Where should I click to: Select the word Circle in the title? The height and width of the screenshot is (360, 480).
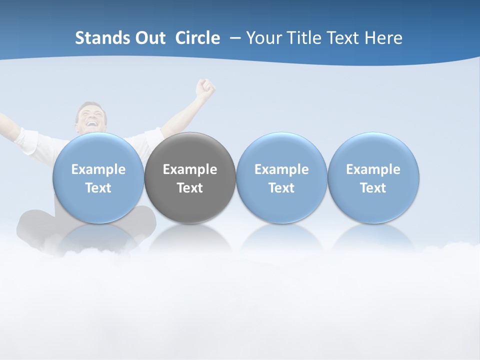(x=197, y=38)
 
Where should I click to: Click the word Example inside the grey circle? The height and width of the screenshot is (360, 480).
(x=190, y=169)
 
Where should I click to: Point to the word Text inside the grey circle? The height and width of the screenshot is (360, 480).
(x=190, y=188)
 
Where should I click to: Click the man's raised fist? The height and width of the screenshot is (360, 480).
(x=205, y=88)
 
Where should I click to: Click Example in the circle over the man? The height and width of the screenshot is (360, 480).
(x=98, y=169)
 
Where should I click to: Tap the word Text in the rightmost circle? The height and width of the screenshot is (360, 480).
(x=373, y=188)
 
